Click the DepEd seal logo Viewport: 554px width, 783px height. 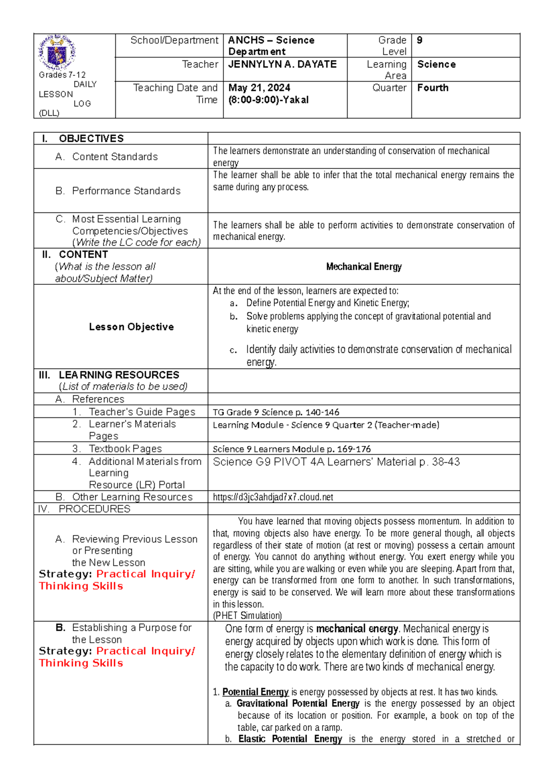tap(57, 52)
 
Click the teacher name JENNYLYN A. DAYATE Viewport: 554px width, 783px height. tap(282, 65)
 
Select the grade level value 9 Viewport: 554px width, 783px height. tap(419, 40)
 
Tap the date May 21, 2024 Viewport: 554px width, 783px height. tap(259, 88)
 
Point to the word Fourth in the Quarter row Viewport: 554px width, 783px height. tap(433, 88)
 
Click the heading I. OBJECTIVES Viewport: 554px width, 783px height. tap(83, 139)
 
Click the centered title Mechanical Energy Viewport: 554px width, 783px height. tap(364, 266)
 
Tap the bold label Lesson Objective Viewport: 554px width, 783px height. tap(131, 327)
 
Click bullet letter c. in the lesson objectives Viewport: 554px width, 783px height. tap(234, 350)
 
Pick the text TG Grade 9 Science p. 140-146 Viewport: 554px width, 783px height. tap(276, 412)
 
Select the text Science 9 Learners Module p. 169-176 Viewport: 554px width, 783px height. tap(291, 449)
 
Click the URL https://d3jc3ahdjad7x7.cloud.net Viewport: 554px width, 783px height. tap(273, 497)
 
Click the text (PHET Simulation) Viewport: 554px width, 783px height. tap(247, 615)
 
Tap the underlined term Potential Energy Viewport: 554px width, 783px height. tap(255, 692)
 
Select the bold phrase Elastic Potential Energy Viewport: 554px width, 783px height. tap(290, 739)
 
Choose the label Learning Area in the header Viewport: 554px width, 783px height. tap(386, 70)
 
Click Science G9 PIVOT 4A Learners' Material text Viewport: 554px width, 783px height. tap(336, 462)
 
